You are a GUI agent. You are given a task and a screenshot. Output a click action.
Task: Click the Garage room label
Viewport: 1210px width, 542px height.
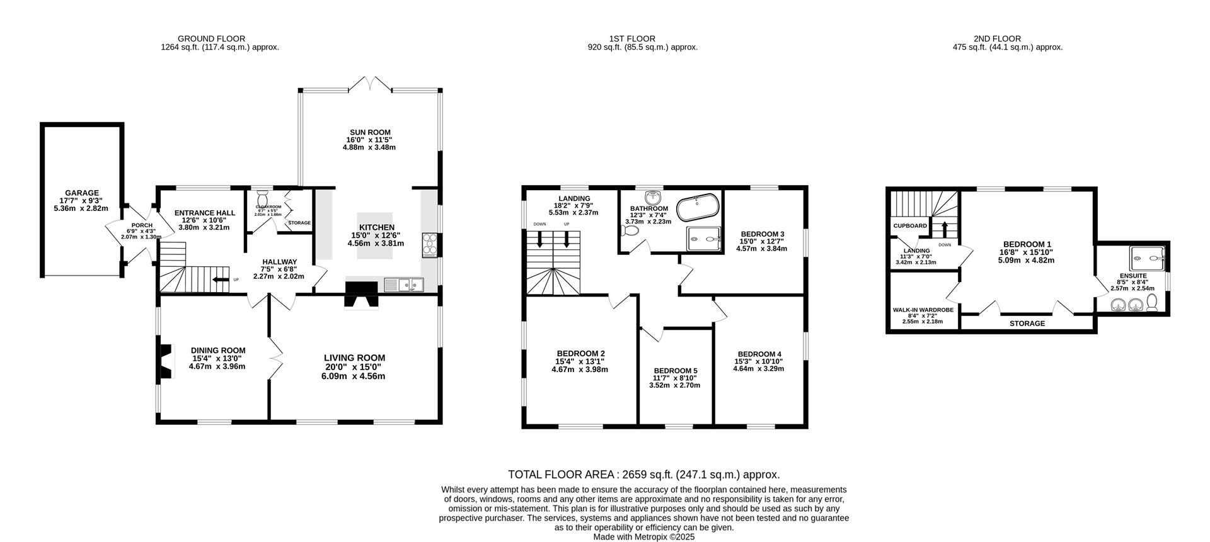(x=82, y=193)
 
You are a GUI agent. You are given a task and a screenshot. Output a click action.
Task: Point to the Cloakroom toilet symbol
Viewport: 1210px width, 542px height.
(x=263, y=195)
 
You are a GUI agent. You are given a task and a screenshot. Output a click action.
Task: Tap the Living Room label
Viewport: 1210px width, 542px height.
(x=355, y=358)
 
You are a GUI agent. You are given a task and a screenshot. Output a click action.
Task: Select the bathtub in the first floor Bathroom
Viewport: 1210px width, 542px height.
(x=696, y=206)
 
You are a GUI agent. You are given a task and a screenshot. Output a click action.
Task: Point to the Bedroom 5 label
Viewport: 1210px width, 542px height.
(x=676, y=370)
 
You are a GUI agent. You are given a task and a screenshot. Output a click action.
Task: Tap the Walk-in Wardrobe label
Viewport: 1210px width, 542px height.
(x=923, y=310)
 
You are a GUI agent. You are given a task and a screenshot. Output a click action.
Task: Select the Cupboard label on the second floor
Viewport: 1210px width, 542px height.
(x=910, y=225)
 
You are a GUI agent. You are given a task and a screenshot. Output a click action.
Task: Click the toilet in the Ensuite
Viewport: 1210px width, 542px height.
(x=1153, y=305)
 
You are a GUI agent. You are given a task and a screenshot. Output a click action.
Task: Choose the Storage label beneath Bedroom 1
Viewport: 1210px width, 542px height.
(x=1027, y=324)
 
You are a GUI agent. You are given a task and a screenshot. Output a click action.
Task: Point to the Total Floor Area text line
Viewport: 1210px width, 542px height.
(x=644, y=475)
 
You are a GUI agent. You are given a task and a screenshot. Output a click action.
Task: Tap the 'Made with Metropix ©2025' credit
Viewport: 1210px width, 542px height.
(x=643, y=537)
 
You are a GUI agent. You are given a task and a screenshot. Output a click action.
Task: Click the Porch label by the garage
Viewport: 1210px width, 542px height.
(x=137, y=225)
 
